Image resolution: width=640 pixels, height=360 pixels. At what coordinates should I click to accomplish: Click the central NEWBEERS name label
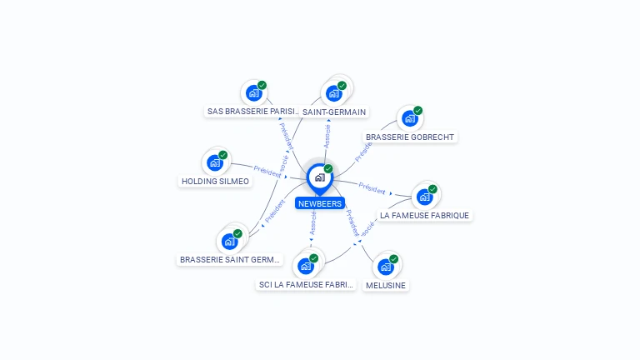pyautogui.click(x=320, y=203)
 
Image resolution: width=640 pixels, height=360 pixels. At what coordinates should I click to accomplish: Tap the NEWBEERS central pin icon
pyautogui.click(x=319, y=177)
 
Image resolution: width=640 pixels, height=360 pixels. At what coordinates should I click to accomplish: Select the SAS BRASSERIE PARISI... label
pyautogui.click(x=253, y=111)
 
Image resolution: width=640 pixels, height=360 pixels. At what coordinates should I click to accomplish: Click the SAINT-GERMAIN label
pyautogui.click(x=334, y=112)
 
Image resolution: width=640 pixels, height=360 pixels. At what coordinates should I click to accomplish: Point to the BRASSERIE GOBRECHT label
pyautogui.click(x=411, y=137)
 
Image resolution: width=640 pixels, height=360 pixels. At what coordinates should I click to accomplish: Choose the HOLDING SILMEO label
pyautogui.click(x=215, y=181)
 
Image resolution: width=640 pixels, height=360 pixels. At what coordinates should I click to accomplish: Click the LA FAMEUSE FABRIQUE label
pyautogui.click(x=425, y=215)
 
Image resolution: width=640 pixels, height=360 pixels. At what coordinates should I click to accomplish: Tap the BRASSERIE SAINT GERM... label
pyautogui.click(x=231, y=259)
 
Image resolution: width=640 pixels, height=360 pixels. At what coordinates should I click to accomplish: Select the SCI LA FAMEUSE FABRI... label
pyautogui.click(x=307, y=284)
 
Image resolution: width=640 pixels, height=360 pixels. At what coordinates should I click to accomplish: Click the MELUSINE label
pyautogui.click(x=386, y=285)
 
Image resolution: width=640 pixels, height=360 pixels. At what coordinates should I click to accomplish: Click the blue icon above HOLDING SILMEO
pyautogui.click(x=215, y=162)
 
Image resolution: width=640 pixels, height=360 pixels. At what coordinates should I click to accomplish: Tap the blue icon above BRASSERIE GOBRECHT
pyautogui.click(x=410, y=118)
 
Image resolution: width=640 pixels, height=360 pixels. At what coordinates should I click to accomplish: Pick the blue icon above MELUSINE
pyautogui.click(x=385, y=267)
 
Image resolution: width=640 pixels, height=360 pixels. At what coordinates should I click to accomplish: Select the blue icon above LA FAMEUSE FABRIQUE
pyautogui.click(x=424, y=197)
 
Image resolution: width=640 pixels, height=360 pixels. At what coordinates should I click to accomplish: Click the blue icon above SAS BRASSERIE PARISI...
pyautogui.click(x=253, y=92)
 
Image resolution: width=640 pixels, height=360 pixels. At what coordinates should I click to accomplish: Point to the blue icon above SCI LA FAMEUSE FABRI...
pyautogui.click(x=306, y=266)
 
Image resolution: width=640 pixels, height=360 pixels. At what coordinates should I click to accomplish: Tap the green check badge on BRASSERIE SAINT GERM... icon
pyautogui.click(x=237, y=233)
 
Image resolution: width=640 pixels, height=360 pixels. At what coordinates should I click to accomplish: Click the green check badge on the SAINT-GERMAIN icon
pyautogui.click(x=342, y=85)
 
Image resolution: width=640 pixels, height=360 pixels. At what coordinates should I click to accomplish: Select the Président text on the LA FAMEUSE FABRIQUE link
pyautogui.click(x=372, y=187)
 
